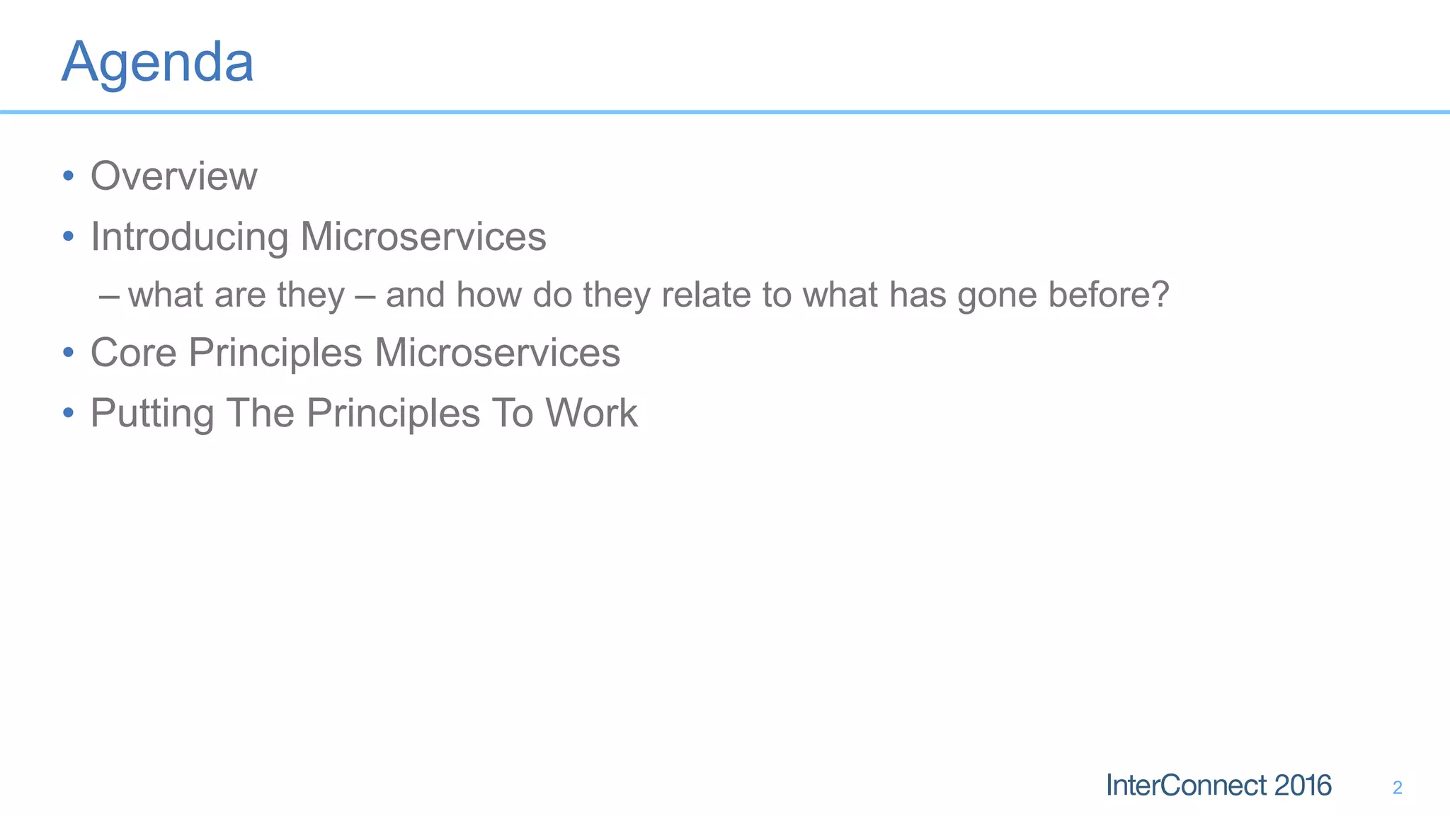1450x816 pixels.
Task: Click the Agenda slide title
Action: pyautogui.click(x=157, y=63)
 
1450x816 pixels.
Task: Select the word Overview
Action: pyautogui.click(x=173, y=176)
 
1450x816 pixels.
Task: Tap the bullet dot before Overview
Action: pyautogui.click(x=68, y=175)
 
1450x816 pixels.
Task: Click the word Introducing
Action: pyautogui.click(x=189, y=237)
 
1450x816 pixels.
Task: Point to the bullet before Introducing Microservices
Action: pyautogui.click(x=68, y=236)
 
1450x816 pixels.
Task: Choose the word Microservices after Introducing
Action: pyautogui.click(x=423, y=237)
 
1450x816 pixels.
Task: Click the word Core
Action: pyautogui.click(x=133, y=353)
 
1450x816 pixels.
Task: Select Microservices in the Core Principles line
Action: pyautogui.click(x=497, y=353)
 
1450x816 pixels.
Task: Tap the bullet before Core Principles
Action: pyautogui.click(x=68, y=352)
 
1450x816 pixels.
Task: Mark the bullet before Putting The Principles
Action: pyautogui.click(x=68, y=412)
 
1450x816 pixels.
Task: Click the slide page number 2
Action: pyautogui.click(x=1397, y=788)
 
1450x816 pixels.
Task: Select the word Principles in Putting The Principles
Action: pyautogui.click(x=393, y=414)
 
